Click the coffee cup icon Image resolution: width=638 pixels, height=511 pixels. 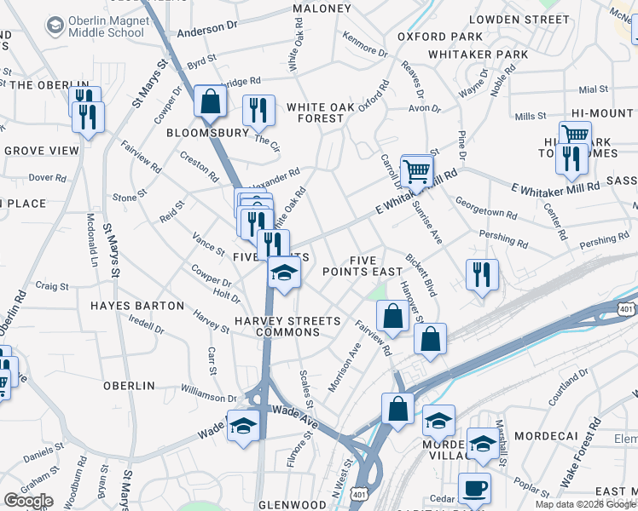474,490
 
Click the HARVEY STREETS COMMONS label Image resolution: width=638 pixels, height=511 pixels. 287,327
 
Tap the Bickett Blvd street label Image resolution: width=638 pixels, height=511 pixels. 422,274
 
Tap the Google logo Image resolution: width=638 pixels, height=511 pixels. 28,501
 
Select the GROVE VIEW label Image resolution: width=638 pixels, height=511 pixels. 41,151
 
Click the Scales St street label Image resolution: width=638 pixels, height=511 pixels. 306,388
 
